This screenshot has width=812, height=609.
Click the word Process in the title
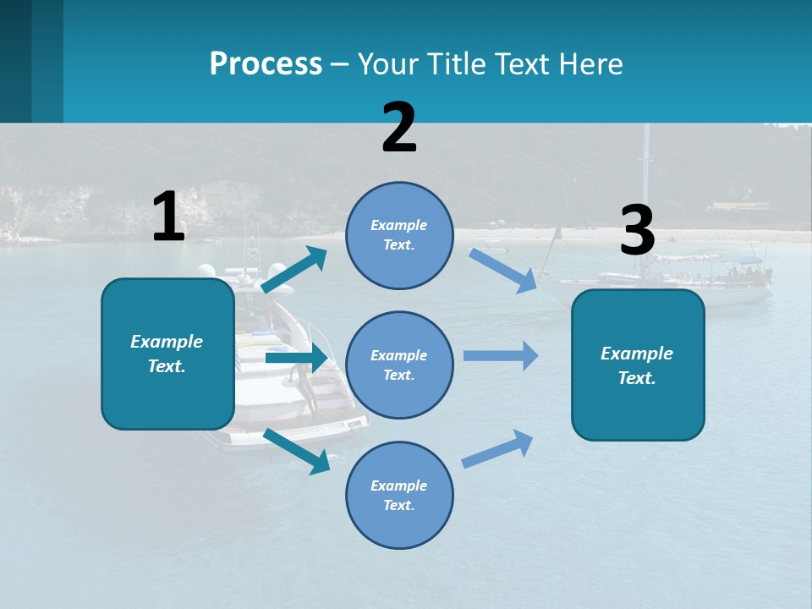tap(266, 64)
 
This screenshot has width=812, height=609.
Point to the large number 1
tap(168, 217)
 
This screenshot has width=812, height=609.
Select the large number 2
tap(399, 127)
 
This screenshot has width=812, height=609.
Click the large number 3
tap(637, 230)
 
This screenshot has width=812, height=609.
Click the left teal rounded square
tap(167, 354)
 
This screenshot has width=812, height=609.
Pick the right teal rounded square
tap(638, 365)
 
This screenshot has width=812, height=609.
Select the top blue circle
tap(399, 235)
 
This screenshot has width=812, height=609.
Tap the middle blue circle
tap(399, 365)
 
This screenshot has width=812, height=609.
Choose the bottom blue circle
tap(399, 495)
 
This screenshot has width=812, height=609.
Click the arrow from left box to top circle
tap(294, 270)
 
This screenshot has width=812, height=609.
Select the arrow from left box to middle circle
tap(296, 358)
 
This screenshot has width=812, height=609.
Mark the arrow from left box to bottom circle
tap(296, 451)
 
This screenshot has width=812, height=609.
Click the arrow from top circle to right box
tap(503, 271)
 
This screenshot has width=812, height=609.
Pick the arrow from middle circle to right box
tap(501, 355)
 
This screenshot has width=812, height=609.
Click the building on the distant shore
tap(739, 206)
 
